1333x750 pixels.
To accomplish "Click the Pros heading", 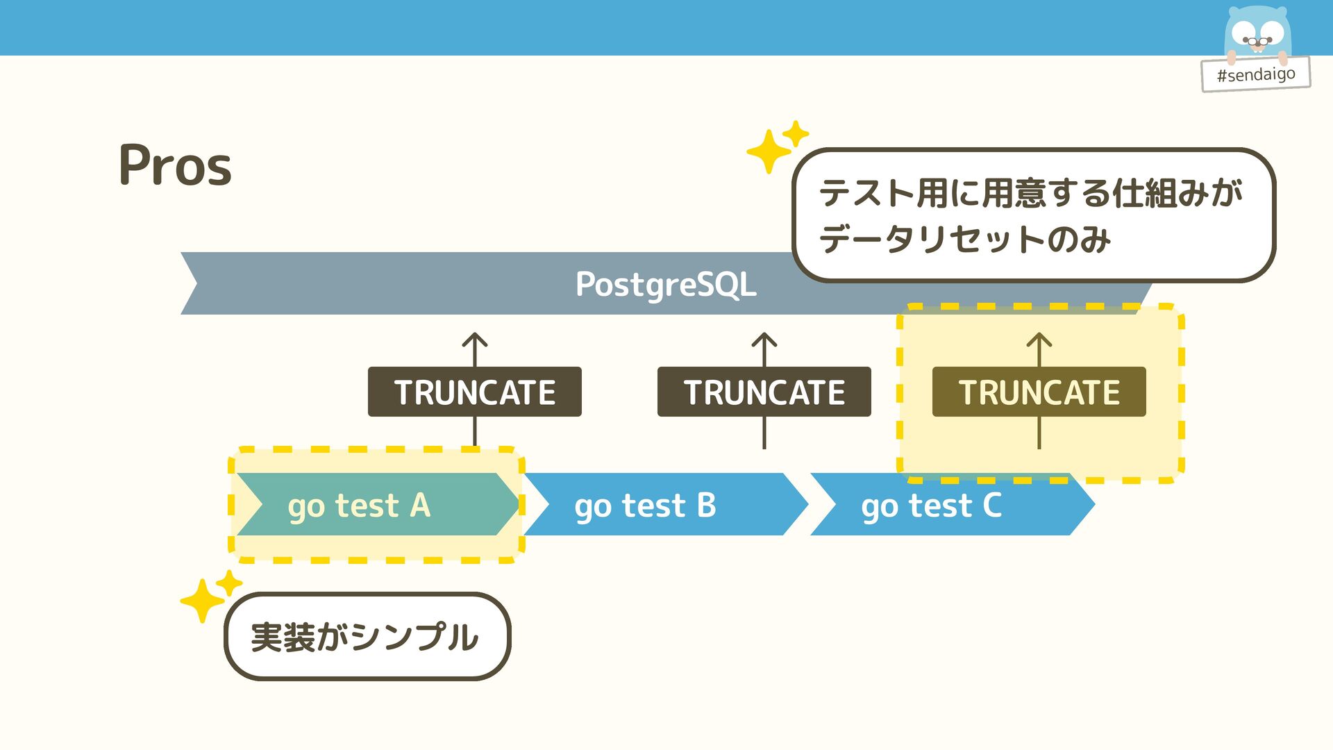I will tap(175, 165).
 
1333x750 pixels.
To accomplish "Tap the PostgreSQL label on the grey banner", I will tap(665, 284).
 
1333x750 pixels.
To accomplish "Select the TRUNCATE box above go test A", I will tap(474, 392).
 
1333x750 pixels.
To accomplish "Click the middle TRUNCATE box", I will tap(764, 392).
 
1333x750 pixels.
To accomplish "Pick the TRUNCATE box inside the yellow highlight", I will tap(1039, 392).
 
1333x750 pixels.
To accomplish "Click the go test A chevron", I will tap(375, 505).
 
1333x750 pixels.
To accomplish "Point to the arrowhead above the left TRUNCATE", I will tap(475, 340).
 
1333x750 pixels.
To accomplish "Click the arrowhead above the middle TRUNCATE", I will tap(764, 340).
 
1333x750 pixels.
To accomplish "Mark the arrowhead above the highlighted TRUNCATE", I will tap(1039, 340).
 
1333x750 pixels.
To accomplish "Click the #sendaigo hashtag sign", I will tap(1255, 74).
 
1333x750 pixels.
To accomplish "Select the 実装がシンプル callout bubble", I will tap(367, 636).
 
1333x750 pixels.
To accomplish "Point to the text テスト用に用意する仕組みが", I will tap(1030, 192).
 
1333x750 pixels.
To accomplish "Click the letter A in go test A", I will tap(420, 505).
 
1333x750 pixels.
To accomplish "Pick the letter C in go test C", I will tap(992, 505).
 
